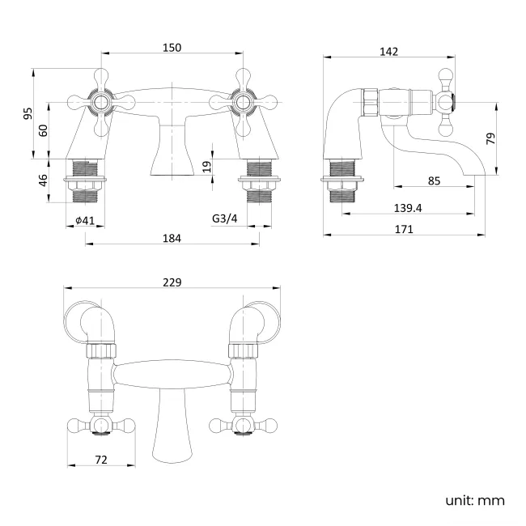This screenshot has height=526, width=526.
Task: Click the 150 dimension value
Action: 172,48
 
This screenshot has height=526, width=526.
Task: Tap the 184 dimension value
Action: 172,238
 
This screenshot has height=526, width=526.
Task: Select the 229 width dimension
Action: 172,282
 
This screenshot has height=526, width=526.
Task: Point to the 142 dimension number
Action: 388,52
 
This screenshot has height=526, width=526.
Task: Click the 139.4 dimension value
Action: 408,208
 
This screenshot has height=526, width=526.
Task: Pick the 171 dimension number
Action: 404,229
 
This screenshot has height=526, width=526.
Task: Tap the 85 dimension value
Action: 434,180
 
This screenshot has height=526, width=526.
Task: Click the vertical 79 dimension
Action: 490,138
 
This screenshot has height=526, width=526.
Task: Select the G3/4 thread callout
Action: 224,218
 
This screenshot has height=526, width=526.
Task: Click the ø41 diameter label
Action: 85,220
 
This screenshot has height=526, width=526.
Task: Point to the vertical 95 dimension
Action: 28,113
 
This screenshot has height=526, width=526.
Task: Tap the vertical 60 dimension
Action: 43,130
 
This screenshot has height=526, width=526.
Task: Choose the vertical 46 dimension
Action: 43,180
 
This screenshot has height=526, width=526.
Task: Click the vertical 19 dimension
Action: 207,167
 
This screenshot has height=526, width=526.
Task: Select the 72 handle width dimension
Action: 101,460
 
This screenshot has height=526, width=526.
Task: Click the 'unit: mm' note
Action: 475,501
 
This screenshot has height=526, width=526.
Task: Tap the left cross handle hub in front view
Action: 101,102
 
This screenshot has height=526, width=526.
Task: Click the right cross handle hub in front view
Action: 243,102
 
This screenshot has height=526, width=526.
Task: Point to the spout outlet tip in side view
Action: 474,175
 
